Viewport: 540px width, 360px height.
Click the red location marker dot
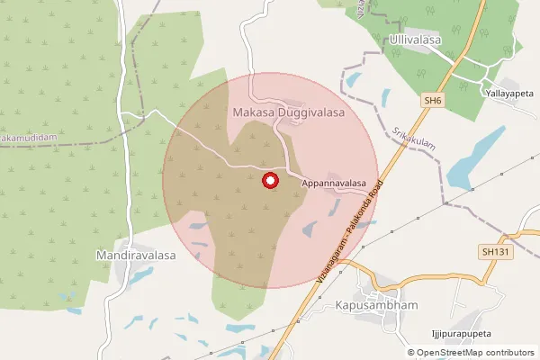click(269, 181)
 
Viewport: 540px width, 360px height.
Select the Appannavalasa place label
click(334, 183)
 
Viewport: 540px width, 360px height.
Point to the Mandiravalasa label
click(136, 256)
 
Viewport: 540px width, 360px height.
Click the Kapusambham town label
click(377, 306)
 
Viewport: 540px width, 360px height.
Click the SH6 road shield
click(428, 103)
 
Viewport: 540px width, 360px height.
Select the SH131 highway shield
click(496, 253)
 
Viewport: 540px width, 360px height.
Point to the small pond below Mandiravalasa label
click(139, 274)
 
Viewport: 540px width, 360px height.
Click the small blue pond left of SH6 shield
click(388, 96)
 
